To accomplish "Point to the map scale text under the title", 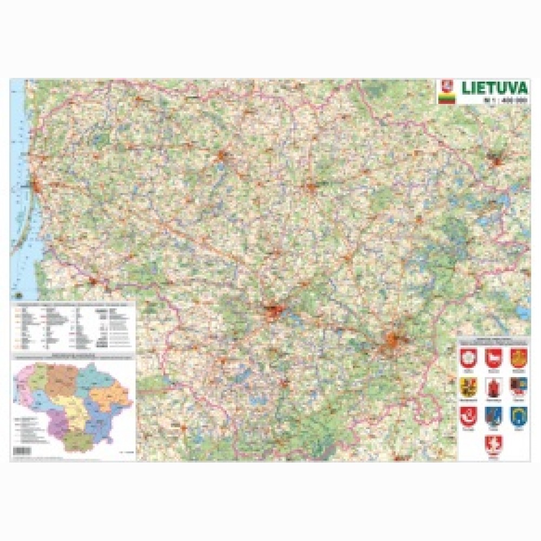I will [504, 100].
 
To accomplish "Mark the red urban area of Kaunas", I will [274, 312].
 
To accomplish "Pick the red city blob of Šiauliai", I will [222, 156].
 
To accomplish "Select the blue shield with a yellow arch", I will [518, 415].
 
